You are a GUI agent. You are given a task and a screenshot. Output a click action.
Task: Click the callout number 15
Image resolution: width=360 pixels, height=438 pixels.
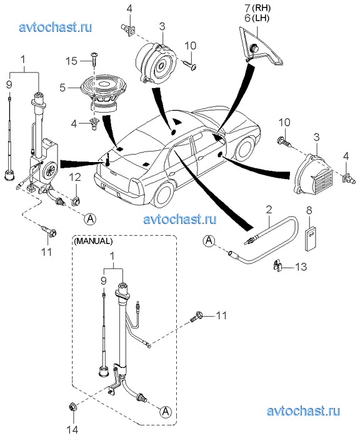pos(71,61)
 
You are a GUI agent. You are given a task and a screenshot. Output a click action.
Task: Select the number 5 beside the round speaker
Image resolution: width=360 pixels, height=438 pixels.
pos(62,88)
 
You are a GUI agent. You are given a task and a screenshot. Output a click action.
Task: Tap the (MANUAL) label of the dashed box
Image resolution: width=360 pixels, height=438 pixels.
pos(93,241)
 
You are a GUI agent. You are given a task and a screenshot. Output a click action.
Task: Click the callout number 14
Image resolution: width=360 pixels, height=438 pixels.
pos(72,429)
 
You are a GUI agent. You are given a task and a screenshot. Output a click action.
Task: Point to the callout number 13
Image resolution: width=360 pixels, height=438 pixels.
pos(301,267)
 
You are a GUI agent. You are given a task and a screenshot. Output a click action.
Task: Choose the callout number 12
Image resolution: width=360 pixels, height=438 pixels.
pos(76,177)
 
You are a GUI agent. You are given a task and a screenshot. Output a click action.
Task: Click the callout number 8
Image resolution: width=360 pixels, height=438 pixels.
pos(309,210)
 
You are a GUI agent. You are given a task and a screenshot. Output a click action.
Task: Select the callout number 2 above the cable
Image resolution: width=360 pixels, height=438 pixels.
pos(269,210)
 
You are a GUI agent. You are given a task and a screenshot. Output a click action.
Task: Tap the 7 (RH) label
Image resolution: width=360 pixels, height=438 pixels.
pos(257,8)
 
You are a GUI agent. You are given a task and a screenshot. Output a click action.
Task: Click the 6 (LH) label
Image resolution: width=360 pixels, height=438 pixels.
pos(257,18)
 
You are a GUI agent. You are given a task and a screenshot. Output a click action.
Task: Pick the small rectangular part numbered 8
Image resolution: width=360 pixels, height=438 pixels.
pos(311,239)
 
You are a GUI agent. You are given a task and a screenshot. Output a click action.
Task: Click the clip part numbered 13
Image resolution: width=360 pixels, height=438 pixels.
pos(277,265)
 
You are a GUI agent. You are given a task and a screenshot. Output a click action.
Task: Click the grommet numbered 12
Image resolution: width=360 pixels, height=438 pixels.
pos(76,200)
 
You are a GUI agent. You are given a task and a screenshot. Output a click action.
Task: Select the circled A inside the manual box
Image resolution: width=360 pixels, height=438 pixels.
pos(166,412)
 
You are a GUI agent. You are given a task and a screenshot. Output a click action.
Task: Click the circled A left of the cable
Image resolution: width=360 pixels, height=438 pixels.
pos(209,240)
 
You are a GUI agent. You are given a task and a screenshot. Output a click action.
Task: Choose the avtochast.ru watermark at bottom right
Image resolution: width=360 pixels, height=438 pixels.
pos(303,411)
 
